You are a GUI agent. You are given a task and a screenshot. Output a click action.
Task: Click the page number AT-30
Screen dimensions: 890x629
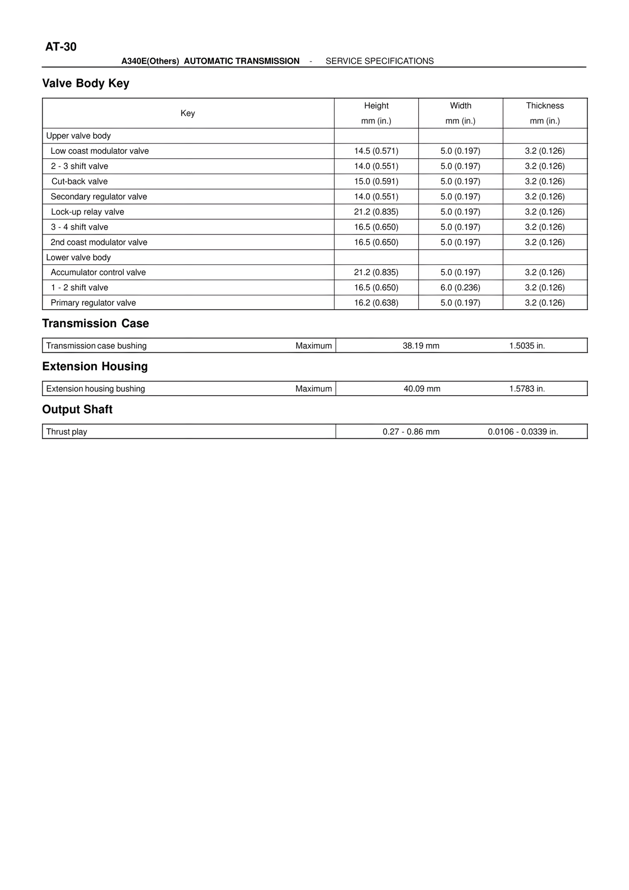(61, 47)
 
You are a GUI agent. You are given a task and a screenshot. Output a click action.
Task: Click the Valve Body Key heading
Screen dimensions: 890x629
(86, 84)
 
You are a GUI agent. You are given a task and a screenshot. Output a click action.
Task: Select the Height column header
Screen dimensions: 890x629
(376, 106)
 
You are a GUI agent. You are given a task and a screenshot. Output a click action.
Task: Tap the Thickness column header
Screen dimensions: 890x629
(545, 106)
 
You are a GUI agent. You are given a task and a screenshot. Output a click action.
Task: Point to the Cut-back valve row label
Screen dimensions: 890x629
(80, 181)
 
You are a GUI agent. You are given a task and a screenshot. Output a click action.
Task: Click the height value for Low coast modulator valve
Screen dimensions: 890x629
(376, 151)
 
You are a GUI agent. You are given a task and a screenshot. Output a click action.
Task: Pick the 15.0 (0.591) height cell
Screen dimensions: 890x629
(376, 181)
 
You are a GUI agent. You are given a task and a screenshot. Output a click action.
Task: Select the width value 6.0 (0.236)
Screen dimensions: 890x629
(460, 287)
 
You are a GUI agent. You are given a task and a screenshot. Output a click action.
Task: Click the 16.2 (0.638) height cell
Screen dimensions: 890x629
(376, 303)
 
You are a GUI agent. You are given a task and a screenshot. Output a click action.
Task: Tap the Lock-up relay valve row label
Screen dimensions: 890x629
(87, 212)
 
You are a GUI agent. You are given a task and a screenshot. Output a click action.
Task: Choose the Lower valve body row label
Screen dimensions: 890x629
(79, 258)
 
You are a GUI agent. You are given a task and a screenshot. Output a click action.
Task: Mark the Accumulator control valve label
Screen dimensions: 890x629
(98, 272)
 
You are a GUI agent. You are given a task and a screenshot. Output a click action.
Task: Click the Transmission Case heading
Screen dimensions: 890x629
(95, 323)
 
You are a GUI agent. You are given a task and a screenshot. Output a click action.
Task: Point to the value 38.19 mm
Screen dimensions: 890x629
(421, 346)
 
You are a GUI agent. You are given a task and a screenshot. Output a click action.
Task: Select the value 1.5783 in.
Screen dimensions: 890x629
(527, 389)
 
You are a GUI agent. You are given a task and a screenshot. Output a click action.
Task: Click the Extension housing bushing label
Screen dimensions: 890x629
(95, 389)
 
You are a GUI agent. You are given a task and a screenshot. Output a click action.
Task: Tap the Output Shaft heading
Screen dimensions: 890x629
(77, 409)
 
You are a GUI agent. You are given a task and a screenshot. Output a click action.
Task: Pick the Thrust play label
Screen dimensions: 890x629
(66, 432)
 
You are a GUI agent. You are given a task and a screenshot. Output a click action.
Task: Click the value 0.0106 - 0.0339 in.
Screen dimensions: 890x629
(523, 432)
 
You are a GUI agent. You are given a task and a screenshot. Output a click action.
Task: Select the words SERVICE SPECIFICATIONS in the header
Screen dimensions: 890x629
(380, 61)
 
